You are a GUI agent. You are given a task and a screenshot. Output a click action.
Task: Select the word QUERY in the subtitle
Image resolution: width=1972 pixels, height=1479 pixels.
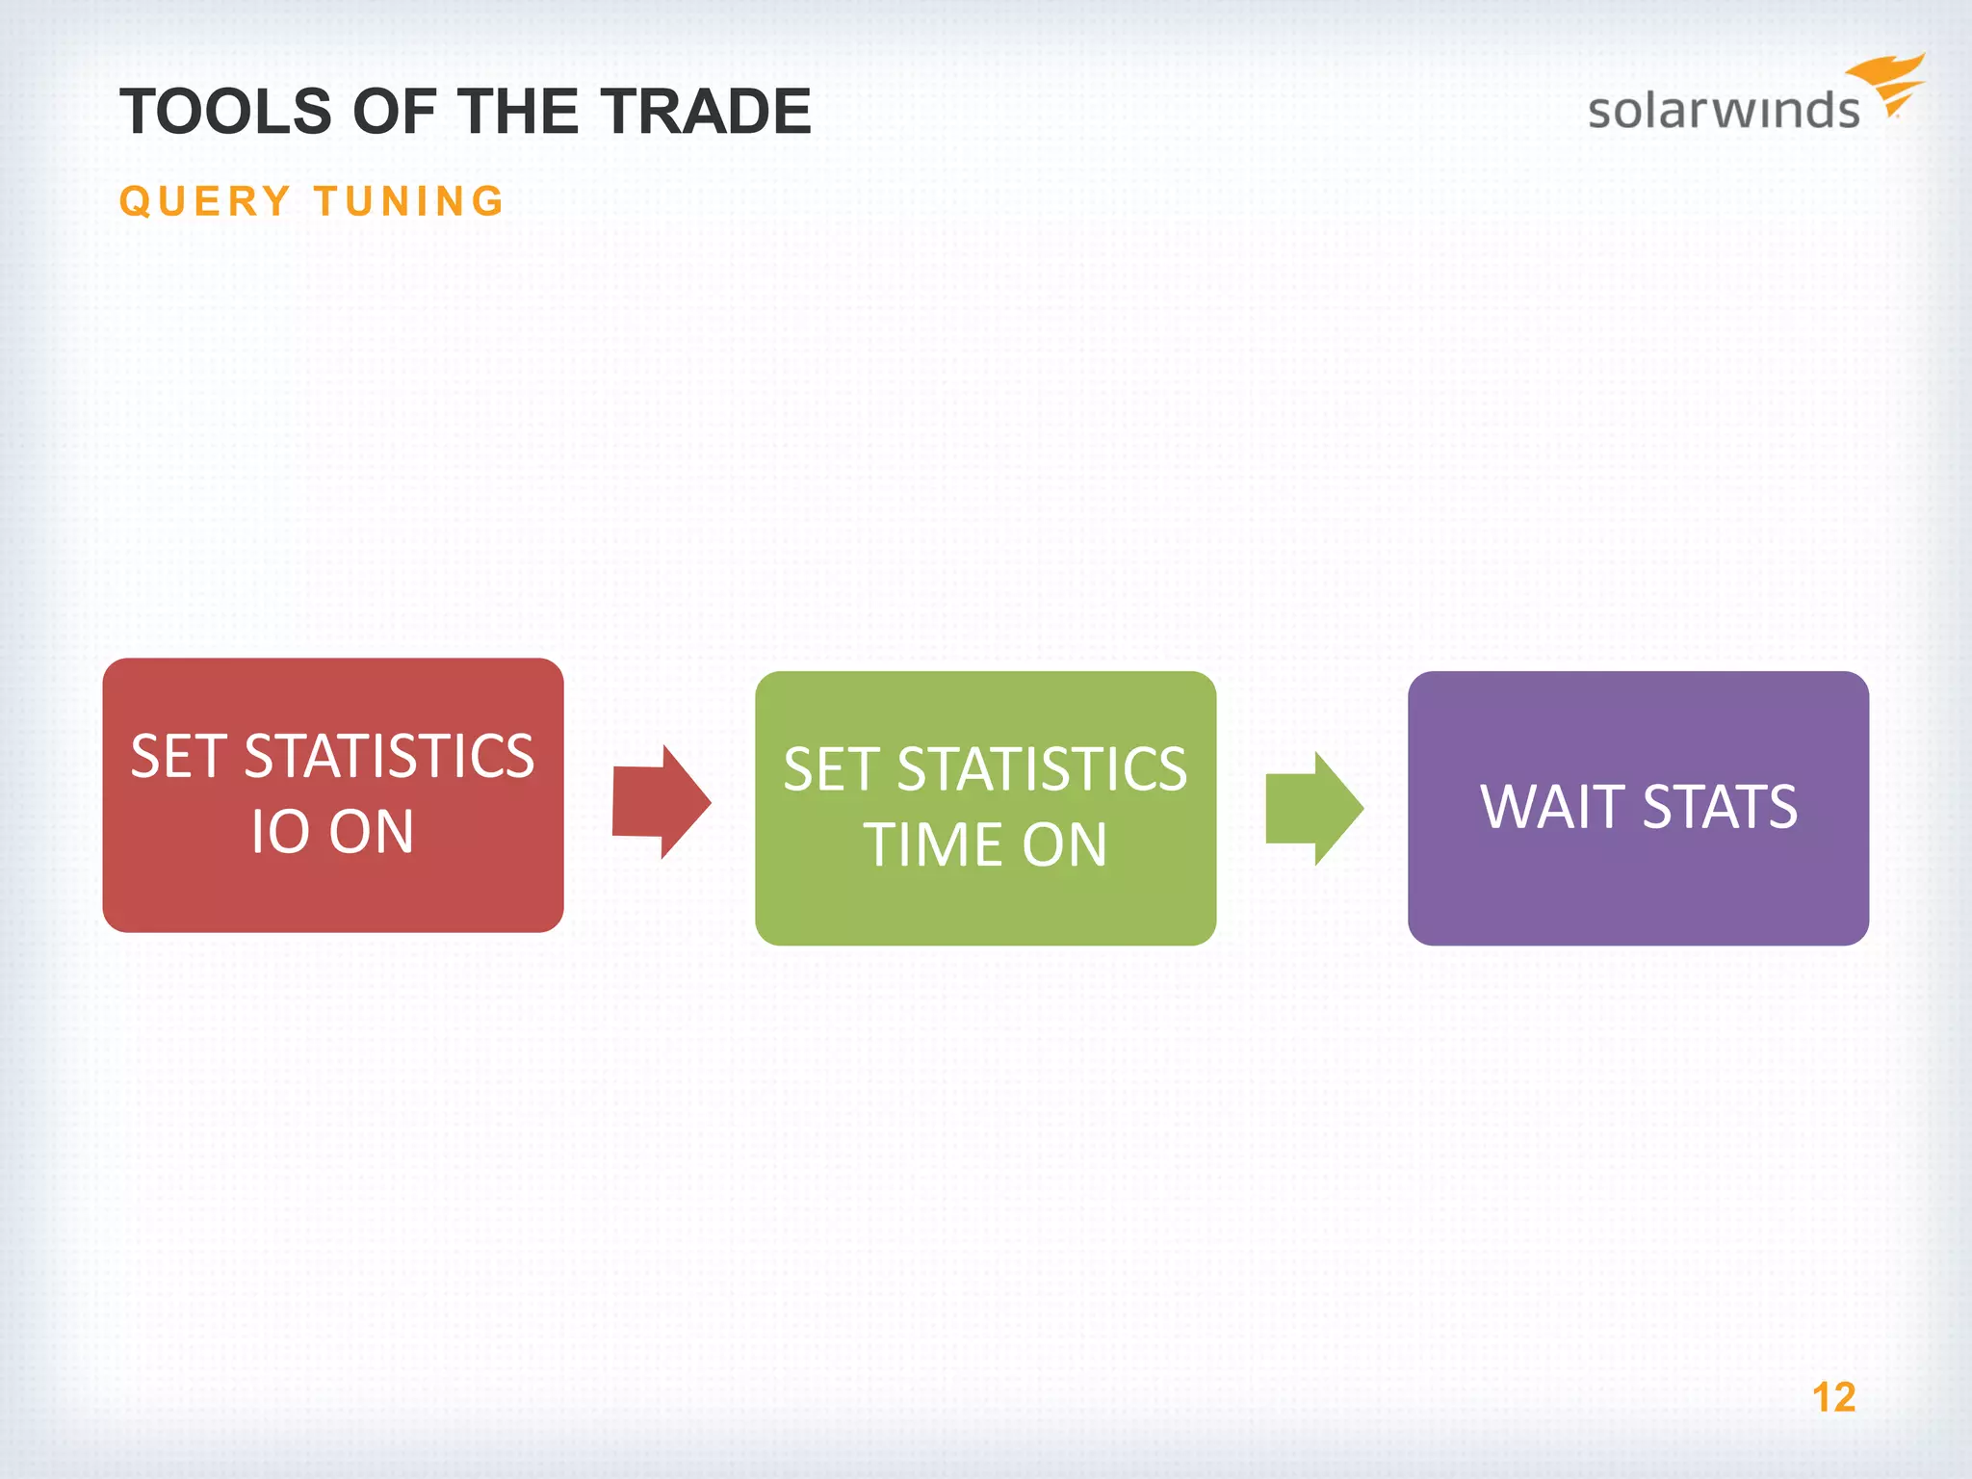coord(205,202)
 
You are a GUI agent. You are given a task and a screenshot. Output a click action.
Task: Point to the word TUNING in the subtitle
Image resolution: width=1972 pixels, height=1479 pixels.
coord(409,202)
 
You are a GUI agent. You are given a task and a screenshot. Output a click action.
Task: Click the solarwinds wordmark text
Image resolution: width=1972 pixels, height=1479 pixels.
coord(1724,110)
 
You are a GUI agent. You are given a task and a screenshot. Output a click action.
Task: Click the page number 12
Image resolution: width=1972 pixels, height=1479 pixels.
coord(1833,1397)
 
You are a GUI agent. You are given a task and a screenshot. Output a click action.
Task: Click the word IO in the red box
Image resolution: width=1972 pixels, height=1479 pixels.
coord(279,832)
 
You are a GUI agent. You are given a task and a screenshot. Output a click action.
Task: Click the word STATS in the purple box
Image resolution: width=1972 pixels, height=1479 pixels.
coord(1720,807)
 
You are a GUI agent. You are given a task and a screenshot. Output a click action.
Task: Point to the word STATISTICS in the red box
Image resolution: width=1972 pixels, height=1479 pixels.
coord(389,757)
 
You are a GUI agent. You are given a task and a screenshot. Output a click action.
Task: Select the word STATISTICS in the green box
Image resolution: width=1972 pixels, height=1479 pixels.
coord(1042,770)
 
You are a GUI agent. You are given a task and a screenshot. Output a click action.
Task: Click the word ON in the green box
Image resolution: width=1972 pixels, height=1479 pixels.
coord(1065,845)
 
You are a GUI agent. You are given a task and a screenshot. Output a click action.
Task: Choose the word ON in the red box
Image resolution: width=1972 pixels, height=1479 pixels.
coord(372,832)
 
